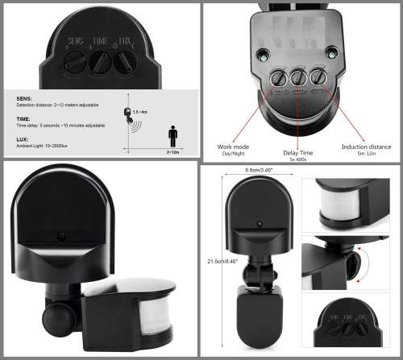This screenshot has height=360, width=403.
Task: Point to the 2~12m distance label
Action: pos(173,151)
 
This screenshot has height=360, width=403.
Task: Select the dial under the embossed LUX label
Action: pos(123,62)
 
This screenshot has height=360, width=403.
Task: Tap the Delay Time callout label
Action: pos(297,152)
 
